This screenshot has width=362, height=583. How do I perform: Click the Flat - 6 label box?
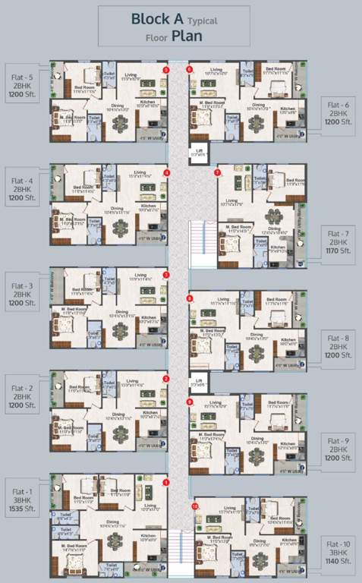pos(337,113)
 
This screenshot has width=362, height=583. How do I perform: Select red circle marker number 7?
pos(217,172)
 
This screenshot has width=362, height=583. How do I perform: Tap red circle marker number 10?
pos(195,506)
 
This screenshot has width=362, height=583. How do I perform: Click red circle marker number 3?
pos(166,275)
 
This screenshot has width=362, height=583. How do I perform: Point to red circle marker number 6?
pos(189,70)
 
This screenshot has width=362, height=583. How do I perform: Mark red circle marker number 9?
pos(190,401)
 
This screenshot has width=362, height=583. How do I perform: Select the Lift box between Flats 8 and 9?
pos(198,382)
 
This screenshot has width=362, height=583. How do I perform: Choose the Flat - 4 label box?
pos(22,188)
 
